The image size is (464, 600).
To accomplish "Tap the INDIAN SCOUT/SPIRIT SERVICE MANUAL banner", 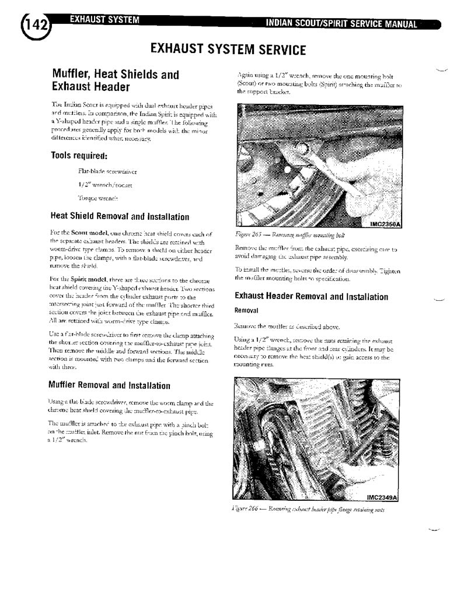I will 341,24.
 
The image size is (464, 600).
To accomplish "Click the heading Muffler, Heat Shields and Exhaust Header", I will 116,81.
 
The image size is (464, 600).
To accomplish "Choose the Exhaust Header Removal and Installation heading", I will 311,297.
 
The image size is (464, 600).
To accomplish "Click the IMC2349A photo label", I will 382,497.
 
